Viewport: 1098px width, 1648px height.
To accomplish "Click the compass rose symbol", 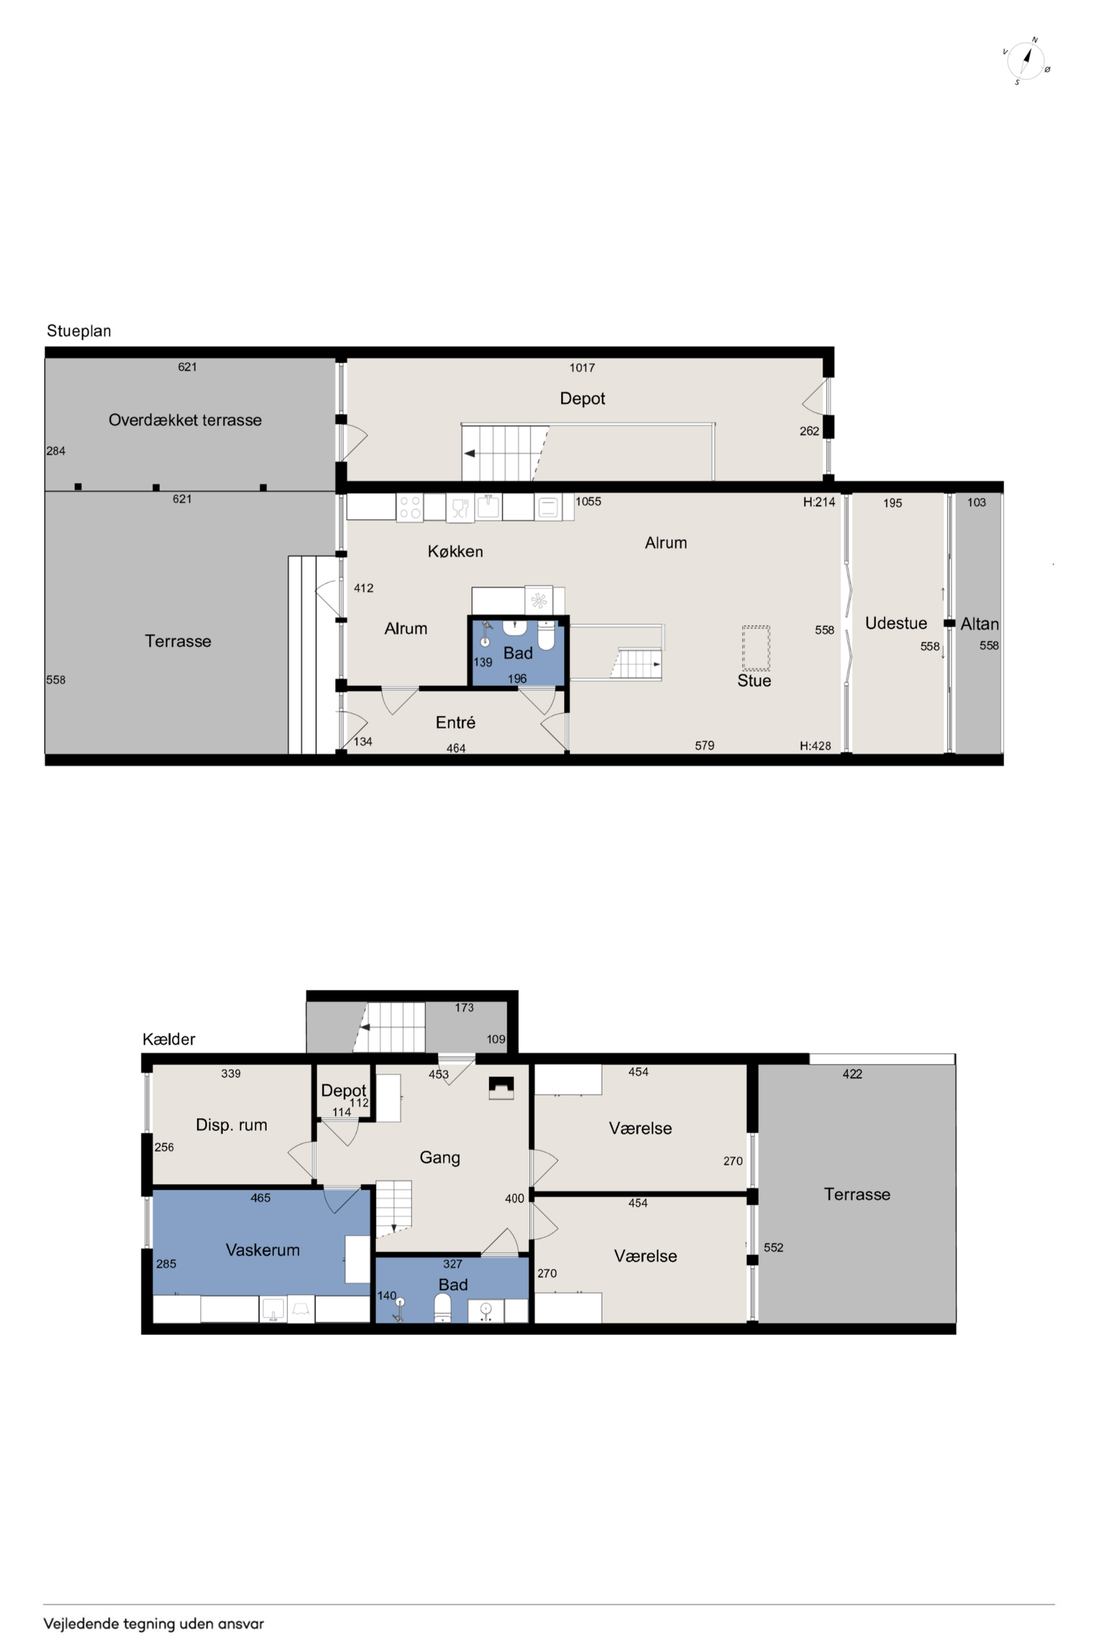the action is coord(1026,61).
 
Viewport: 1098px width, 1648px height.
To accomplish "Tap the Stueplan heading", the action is coord(79,331).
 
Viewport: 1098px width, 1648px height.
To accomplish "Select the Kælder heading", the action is coord(169,1039).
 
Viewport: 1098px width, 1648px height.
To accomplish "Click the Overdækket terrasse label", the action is coord(185,420).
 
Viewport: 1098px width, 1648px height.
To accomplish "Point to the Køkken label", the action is coord(455,551).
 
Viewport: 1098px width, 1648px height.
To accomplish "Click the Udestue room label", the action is coord(896,622).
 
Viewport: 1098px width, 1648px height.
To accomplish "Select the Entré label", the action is coord(455,722).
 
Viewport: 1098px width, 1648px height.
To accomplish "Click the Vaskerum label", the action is coord(262,1249).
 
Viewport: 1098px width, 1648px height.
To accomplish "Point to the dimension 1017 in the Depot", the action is coord(582,367).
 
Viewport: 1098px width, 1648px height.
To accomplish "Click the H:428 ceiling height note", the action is coord(815,745).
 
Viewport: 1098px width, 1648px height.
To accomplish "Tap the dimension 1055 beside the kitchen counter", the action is coord(588,501).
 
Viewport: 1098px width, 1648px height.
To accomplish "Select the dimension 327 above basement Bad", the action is coord(452,1263).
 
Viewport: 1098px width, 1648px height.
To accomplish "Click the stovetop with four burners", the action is coord(410,507).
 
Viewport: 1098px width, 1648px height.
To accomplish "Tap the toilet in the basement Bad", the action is coord(443,1307).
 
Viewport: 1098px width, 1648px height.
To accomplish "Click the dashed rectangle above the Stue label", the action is coord(756,648).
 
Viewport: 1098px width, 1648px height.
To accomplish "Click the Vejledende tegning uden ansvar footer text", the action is coord(153,1623).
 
